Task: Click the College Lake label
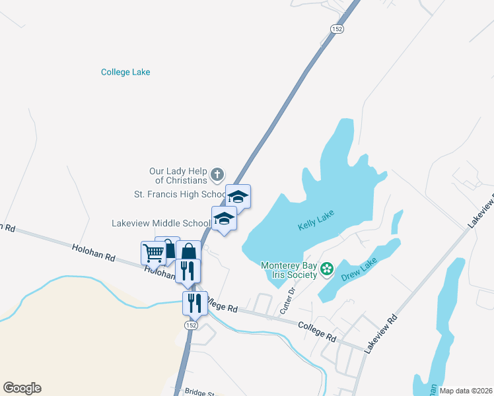(x=125, y=72)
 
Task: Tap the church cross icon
(x=217, y=176)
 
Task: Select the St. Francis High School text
(x=180, y=195)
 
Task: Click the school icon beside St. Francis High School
(x=238, y=196)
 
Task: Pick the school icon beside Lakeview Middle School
(x=224, y=218)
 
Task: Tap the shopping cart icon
(x=153, y=252)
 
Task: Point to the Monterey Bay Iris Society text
(x=289, y=270)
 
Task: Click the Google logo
(x=22, y=388)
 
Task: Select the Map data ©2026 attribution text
(x=465, y=391)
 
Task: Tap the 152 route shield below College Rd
(x=190, y=326)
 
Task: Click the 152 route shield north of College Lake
(x=337, y=28)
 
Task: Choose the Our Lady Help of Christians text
(x=179, y=176)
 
